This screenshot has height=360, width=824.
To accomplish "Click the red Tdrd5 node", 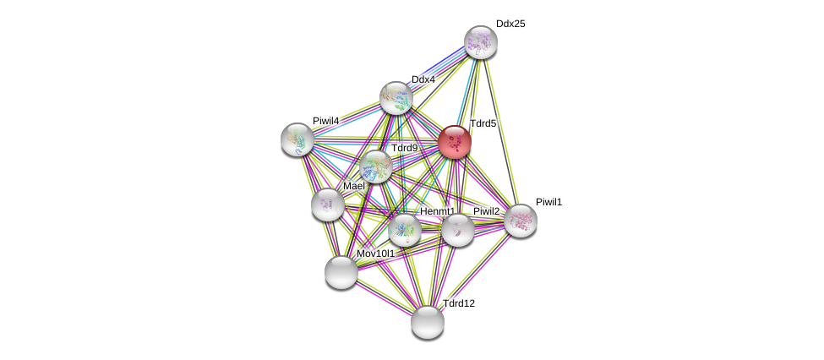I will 455,142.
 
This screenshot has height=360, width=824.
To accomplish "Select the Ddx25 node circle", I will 480,42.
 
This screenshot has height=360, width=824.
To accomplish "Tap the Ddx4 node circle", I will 396,98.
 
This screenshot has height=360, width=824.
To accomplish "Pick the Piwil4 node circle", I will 297,139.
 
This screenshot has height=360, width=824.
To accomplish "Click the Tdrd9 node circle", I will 375,166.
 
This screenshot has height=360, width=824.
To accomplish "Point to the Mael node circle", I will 327,205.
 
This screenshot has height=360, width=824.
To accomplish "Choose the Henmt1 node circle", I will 404,230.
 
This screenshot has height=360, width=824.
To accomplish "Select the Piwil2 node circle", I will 457,230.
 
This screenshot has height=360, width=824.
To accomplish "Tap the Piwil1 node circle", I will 520,221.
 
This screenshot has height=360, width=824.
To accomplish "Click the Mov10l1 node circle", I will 341,272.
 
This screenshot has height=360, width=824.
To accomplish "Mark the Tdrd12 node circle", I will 427,322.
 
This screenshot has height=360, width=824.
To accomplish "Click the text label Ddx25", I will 510,24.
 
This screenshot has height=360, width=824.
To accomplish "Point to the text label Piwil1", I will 548,202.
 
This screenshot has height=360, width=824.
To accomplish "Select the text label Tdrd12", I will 458,303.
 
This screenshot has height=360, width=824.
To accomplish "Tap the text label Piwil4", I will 325,121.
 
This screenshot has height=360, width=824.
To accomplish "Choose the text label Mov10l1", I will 375,254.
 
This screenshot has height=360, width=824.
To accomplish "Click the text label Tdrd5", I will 483,123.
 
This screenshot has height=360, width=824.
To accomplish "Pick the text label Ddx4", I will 423,79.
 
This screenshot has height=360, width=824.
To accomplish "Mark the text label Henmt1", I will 437,211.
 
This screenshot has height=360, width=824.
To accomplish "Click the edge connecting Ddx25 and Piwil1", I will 500,132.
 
